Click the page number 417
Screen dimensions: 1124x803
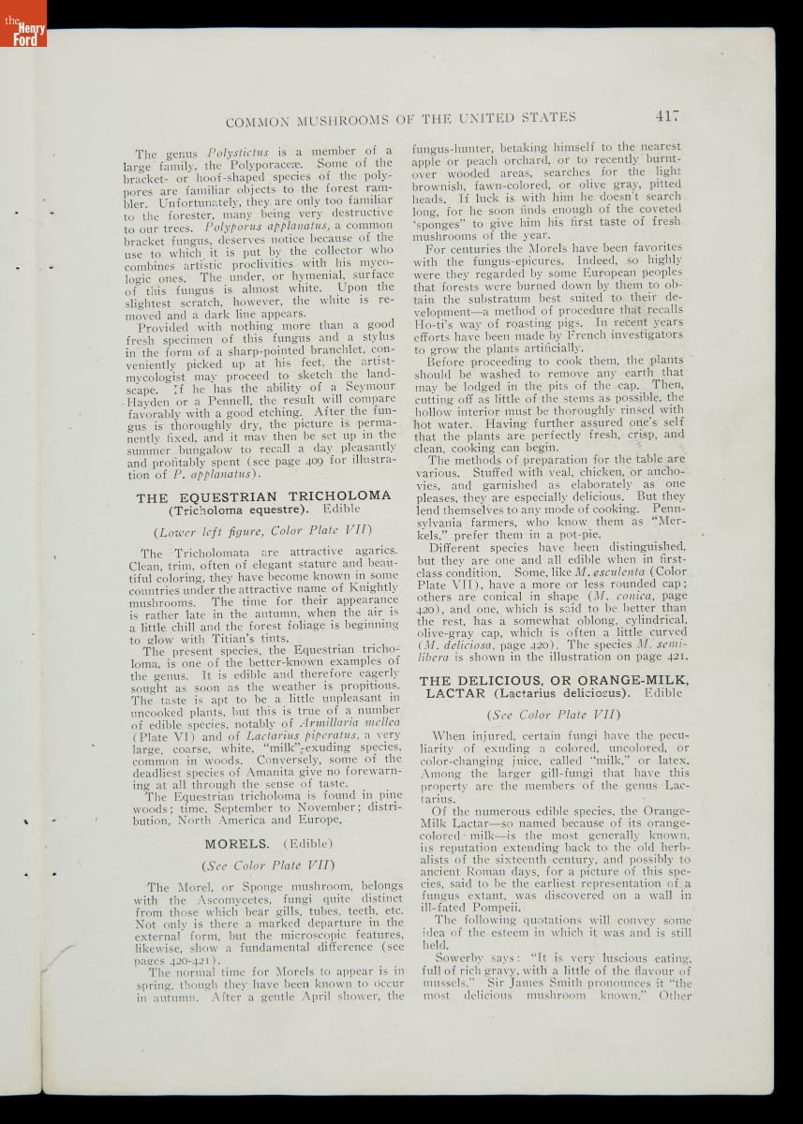tap(666, 116)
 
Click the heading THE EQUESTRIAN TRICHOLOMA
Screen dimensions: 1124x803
tap(263, 496)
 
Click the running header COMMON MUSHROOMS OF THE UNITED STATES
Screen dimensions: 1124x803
tap(401, 118)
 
